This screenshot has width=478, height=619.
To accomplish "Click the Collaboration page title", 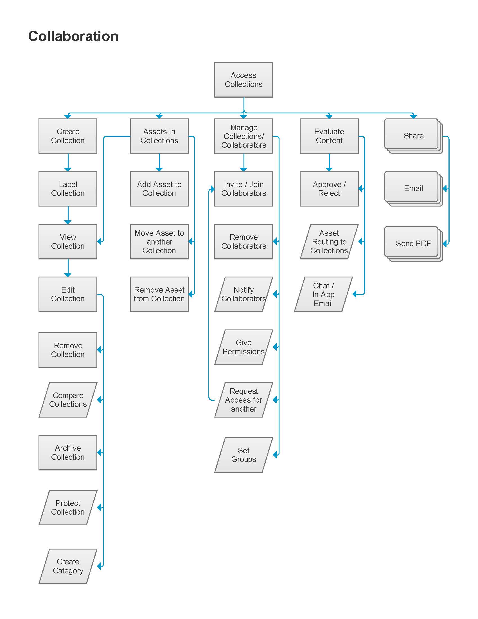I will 73,36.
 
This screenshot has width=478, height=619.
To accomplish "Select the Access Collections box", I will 243,80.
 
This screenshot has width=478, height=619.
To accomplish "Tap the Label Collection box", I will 68,189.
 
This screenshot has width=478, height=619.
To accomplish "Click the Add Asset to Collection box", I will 159,189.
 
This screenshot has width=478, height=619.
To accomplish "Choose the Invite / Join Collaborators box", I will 243,189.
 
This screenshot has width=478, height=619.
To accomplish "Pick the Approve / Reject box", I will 329,189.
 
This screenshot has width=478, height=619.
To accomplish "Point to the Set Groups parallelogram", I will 243,455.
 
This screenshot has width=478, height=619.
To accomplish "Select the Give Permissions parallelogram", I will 243,347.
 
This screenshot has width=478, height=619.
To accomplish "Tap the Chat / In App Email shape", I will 323,294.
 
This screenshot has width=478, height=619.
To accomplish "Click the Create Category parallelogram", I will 68,566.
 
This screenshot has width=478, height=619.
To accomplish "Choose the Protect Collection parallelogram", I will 68,507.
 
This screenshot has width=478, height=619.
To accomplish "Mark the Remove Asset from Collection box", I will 159,294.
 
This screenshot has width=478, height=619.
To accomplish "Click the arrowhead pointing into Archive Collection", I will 100,452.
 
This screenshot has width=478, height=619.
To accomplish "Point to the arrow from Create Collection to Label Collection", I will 68,162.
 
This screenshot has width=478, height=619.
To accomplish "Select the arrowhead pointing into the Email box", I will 445,189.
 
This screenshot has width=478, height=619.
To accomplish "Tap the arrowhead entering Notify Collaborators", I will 275,294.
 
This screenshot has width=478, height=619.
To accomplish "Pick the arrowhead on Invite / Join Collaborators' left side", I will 212,189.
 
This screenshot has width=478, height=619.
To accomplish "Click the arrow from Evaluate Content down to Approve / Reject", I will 329,162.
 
